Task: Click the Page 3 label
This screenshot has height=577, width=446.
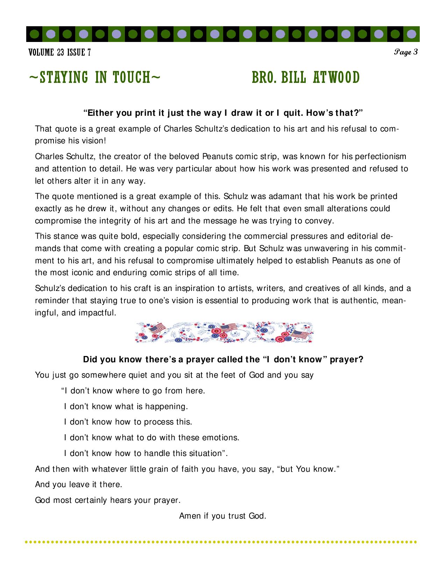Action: (406, 52)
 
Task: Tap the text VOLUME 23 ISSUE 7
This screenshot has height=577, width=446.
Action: (59, 52)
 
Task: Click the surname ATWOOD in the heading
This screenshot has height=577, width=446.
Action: (336, 78)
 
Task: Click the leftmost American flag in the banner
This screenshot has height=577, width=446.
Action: (157, 328)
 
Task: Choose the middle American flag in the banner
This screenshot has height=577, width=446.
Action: (229, 328)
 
